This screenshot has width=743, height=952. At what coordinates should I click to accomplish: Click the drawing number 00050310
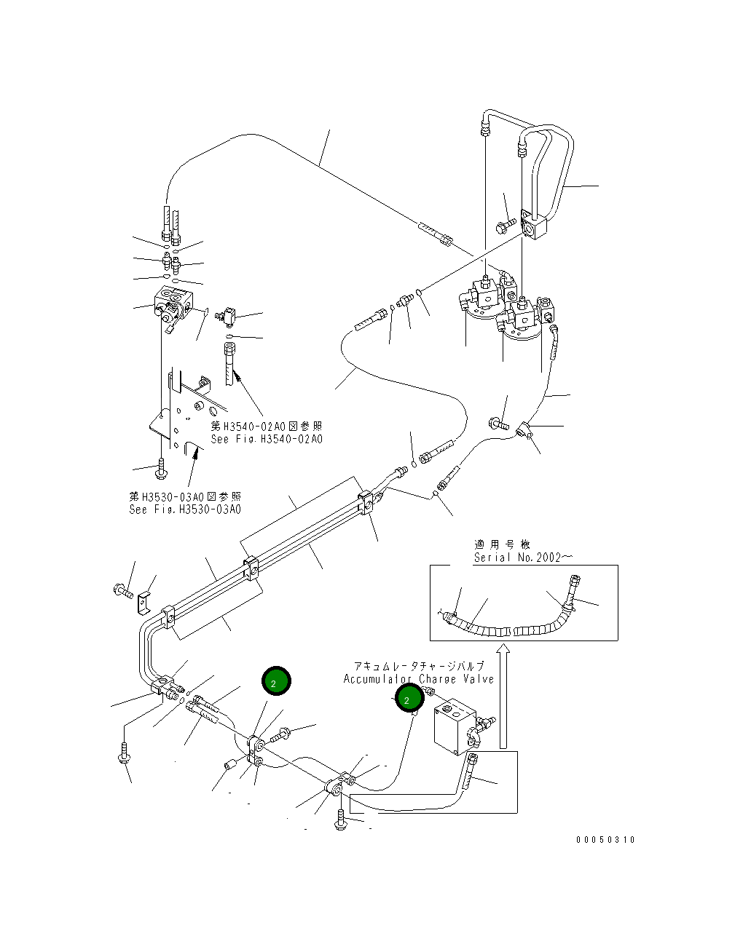(605, 839)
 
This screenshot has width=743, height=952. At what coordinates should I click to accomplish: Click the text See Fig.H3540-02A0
(266, 439)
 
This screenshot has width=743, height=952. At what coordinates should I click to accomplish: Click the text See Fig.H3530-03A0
(184, 509)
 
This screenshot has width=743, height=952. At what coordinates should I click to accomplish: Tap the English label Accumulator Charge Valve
(418, 679)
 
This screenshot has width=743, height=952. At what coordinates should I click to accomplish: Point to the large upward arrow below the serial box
(503, 695)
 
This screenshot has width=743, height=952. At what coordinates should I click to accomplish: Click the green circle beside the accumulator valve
(409, 699)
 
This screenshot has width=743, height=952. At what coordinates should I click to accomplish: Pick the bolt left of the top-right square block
(505, 225)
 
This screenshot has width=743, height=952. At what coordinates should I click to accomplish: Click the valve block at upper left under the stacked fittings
(175, 301)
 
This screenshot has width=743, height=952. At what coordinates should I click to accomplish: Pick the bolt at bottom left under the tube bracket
(124, 753)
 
